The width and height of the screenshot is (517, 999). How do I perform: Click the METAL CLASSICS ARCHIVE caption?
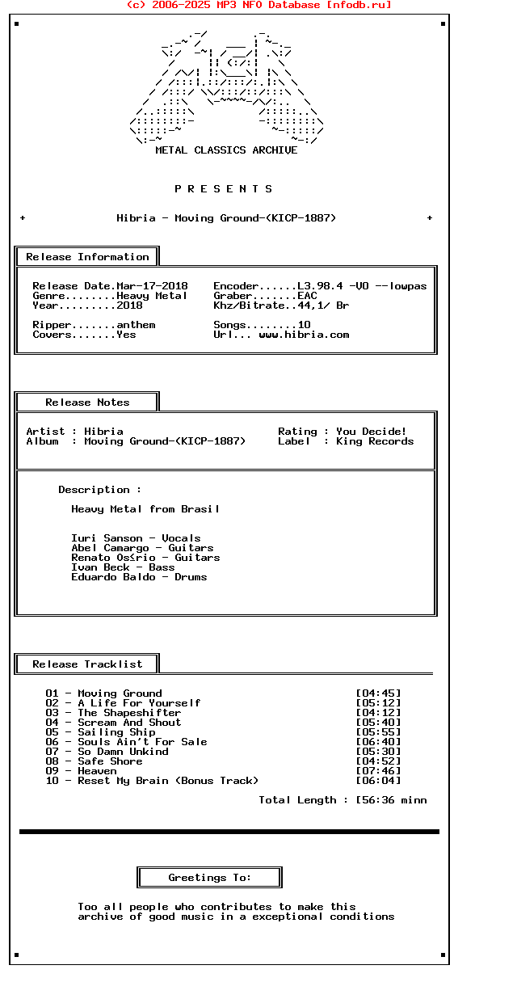226,150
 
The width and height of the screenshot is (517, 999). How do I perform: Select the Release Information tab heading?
87,257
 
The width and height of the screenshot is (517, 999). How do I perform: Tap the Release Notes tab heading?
87,403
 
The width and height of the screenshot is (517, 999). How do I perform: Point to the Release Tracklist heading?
87,664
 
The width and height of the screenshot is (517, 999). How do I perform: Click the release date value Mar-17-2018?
152,286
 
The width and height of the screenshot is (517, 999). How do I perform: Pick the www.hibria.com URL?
304,335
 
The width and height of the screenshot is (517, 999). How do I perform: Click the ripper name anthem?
136,325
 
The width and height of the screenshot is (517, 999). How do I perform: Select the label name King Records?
375,441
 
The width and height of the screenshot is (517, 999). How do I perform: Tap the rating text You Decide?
372,432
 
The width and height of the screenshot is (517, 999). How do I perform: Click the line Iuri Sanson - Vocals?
136,538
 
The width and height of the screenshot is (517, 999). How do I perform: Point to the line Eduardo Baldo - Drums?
139,577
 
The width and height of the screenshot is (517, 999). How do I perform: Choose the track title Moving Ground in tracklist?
120,693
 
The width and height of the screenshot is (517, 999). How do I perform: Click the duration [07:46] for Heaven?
378,771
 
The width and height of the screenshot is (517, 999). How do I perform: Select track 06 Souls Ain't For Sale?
142,742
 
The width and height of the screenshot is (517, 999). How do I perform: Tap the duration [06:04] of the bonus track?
378,781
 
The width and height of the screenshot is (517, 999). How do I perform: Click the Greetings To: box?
210,878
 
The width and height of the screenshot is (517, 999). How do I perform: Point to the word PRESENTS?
224,189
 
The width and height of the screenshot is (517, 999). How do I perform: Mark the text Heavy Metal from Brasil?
145,509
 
